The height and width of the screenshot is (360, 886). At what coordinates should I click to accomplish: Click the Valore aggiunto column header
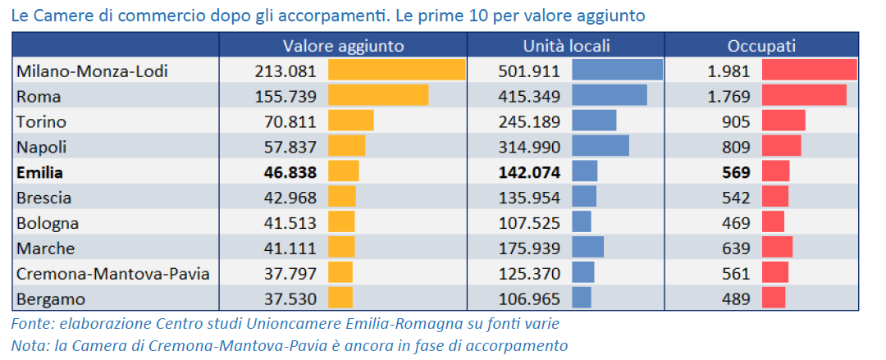(x=343, y=46)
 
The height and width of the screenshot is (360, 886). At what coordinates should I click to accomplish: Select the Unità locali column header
(x=566, y=46)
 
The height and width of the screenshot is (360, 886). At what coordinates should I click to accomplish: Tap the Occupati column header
(x=761, y=46)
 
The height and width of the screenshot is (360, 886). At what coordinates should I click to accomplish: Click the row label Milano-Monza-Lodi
(x=92, y=71)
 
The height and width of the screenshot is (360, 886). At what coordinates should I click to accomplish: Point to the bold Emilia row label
(x=39, y=173)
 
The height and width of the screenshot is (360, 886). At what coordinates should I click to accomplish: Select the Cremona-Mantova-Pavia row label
(x=112, y=274)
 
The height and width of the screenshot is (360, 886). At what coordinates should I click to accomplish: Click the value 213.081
(x=285, y=71)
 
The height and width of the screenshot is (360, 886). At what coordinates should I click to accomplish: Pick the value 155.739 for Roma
(x=285, y=97)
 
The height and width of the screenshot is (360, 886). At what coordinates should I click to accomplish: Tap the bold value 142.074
(x=529, y=173)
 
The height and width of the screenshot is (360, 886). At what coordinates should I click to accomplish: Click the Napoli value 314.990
(x=529, y=148)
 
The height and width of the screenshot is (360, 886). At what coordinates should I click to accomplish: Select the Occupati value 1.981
(x=728, y=71)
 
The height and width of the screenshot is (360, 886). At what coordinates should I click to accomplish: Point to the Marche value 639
(x=736, y=248)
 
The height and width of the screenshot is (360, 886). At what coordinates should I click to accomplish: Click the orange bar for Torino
(x=350, y=121)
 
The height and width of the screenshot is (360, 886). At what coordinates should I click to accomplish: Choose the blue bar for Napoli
(x=600, y=147)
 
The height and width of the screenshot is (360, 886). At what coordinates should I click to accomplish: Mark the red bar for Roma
(x=803, y=96)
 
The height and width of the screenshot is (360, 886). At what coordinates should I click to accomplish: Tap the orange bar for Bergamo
(x=340, y=298)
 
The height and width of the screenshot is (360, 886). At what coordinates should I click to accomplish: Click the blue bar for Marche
(x=587, y=248)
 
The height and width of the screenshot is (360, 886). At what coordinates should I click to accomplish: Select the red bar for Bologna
(x=773, y=223)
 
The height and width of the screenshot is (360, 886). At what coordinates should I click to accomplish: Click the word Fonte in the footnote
(x=30, y=324)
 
